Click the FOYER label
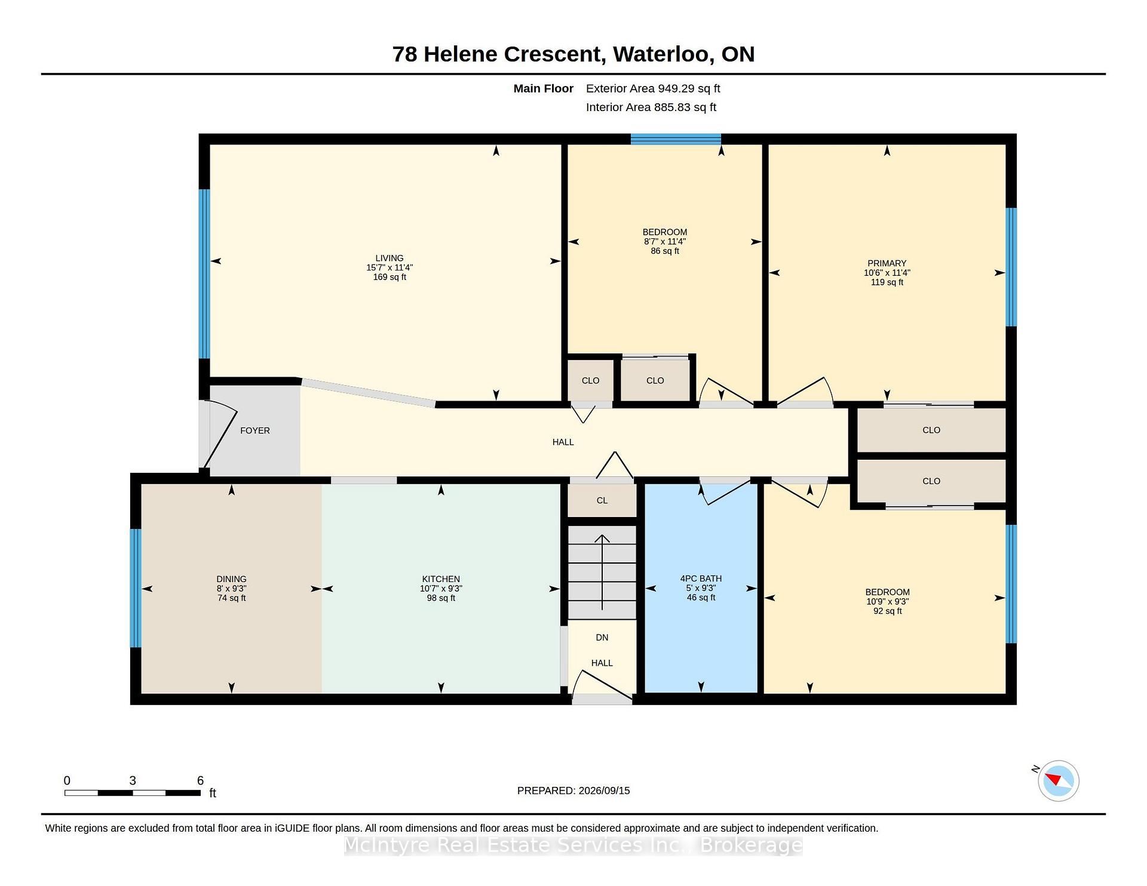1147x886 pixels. coord(255,430)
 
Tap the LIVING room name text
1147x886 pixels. coord(390,258)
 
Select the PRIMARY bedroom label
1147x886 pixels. coord(887,263)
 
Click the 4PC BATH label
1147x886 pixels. coord(701,579)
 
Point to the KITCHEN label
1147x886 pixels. coord(441,579)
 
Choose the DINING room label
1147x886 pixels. coord(231,579)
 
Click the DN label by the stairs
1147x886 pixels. coord(602,638)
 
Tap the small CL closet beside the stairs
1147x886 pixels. coord(602,500)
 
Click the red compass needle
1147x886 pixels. coord(1053,779)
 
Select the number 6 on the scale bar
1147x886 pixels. coord(201,780)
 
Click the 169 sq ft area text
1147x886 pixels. coord(390,277)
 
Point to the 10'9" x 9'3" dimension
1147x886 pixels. coord(887,602)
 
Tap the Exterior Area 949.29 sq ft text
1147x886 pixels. coord(653,88)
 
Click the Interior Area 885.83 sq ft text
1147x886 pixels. coord(651,107)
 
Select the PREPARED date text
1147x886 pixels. coord(573,790)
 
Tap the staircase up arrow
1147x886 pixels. coord(602,572)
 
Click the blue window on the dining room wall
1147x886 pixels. coord(136,588)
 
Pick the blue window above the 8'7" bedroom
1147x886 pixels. coord(676,139)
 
